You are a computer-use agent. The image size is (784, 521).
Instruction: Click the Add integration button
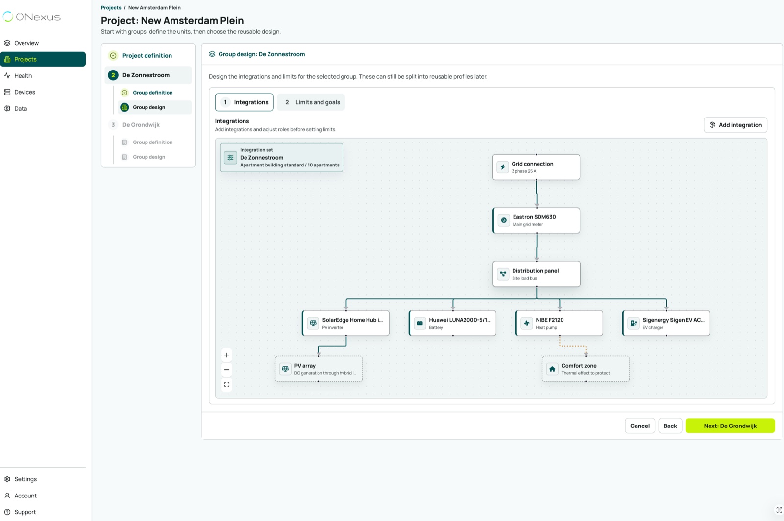point(735,125)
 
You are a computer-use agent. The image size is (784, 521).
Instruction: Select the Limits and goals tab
point(311,102)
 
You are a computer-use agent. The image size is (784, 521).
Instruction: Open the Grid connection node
point(536,167)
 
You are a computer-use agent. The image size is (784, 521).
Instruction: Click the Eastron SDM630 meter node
point(536,220)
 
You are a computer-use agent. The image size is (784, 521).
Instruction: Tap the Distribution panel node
point(537,274)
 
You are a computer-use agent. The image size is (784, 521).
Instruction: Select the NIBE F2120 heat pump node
point(559,323)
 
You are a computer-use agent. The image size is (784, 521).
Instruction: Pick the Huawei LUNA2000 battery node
point(453,323)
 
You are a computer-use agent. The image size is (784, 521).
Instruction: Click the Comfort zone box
point(586,369)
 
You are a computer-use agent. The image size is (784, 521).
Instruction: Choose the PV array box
point(319,369)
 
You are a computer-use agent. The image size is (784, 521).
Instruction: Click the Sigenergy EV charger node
point(666,323)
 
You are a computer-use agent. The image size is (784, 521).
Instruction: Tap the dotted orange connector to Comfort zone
point(573,346)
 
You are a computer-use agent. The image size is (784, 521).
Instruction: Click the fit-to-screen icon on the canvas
point(227,385)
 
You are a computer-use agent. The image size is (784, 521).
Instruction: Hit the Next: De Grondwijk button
point(730,426)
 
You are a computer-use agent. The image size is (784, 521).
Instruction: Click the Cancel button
point(640,426)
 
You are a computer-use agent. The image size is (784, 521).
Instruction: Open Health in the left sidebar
point(23,75)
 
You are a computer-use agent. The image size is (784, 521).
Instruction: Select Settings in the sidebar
point(25,479)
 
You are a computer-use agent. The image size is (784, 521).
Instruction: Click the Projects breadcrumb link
point(111,8)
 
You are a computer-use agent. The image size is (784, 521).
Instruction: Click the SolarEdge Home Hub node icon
point(313,323)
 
